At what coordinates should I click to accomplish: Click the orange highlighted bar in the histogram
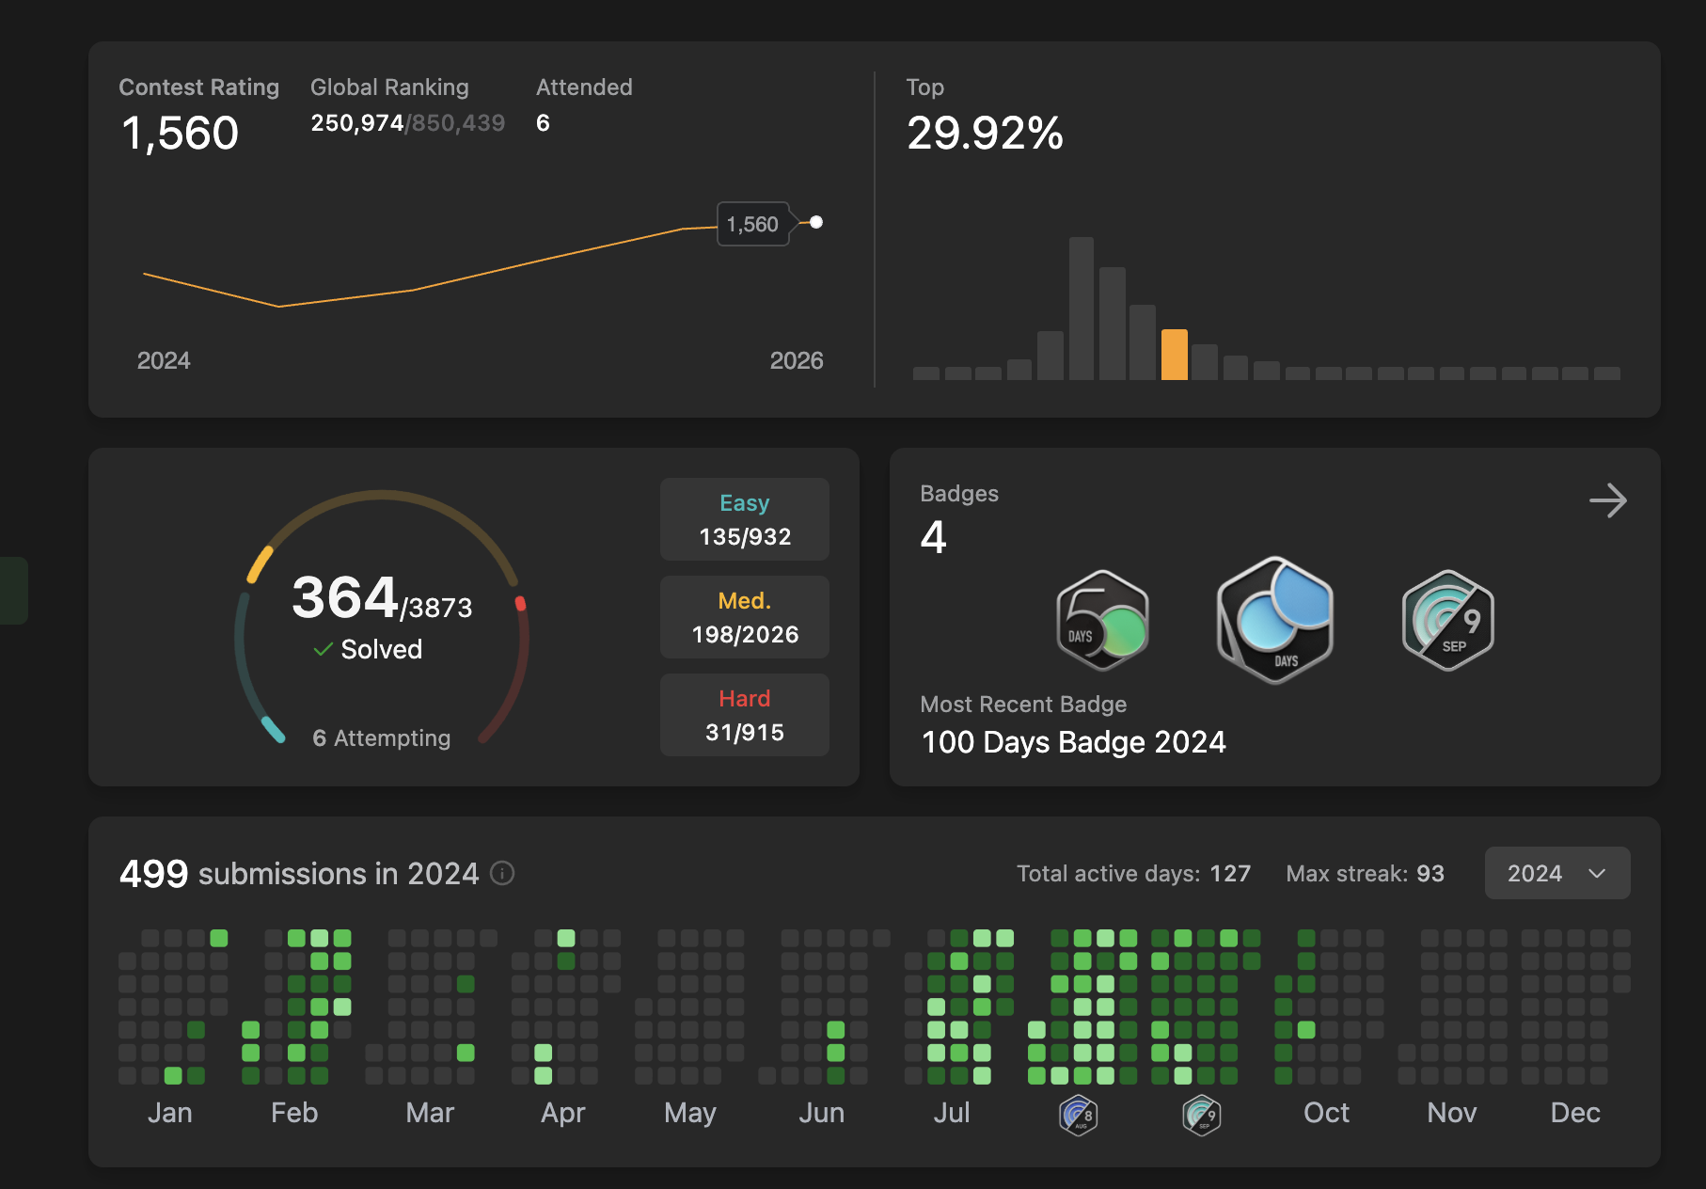pos(1174,355)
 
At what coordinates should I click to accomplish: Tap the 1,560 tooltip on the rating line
pos(752,224)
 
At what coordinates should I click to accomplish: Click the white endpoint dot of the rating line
pos(816,222)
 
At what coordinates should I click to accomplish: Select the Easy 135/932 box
pos(744,519)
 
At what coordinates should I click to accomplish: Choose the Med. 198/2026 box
pos(744,617)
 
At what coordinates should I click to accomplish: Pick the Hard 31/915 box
pos(744,715)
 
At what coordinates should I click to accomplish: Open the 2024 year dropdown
pos(1556,873)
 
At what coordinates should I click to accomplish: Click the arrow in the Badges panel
pos(1607,500)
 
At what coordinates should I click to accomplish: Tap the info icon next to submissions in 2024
pos(503,873)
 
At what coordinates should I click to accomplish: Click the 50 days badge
pos(1102,620)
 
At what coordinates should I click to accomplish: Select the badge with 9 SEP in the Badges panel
pos(1447,620)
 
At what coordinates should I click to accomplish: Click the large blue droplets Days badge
pos(1274,620)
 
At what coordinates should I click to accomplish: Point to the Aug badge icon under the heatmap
pos(1078,1116)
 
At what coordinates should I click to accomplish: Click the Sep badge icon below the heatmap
pos(1201,1116)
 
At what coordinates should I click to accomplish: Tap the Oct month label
pos(1326,1113)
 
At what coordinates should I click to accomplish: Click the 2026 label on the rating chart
pos(796,360)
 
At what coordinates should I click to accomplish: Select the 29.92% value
pos(985,133)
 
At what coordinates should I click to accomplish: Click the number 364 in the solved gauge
pos(344,597)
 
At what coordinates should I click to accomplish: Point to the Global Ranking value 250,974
pos(357,123)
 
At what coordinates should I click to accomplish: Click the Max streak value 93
pos(1430,873)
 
